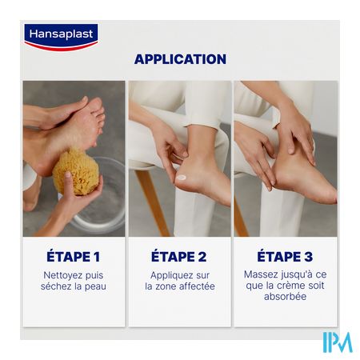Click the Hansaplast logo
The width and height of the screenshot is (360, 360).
click(61, 37)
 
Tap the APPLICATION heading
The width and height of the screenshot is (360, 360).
click(180, 59)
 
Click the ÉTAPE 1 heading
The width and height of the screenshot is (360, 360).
click(74, 257)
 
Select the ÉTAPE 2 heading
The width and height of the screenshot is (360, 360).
click(179, 257)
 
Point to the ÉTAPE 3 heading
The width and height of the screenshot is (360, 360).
click(285, 257)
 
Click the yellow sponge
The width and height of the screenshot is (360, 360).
click(76, 172)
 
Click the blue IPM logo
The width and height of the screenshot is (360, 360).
click(338, 342)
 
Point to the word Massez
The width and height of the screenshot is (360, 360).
click(260, 274)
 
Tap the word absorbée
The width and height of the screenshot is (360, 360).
click(285, 297)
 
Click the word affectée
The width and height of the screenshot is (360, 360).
click(197, 286)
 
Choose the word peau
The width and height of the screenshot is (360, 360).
click(95, 287)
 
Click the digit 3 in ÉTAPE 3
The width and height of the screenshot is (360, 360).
click(308, 257)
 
